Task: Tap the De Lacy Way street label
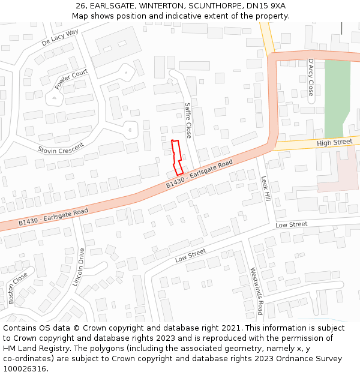click(x=60, y=38)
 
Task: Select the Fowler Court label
click(x=71, y=79)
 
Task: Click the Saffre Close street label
click(x=188, y=120)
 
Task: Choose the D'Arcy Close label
click(x=310, y=77)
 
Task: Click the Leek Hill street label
click(x=265, y=188)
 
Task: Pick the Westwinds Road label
click(x=256, y=291)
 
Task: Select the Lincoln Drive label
click(x=79, y=267)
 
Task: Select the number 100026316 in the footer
click(x=25, y=369)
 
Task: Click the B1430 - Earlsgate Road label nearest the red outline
click(x=199, y=174)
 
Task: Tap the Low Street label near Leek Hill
click(x=291, y=224)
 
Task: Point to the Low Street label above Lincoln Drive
click(x=190, y=256)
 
